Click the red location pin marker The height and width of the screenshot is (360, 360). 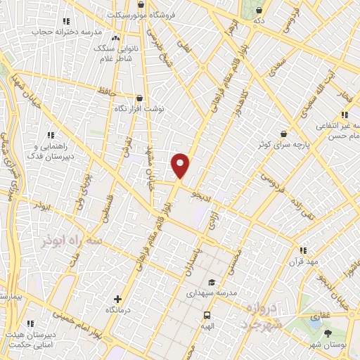coord(180,165)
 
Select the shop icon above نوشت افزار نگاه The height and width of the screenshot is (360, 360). coord(139,98)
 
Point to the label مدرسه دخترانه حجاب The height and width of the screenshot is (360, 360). coord(67,32)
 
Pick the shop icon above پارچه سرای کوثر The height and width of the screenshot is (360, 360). coord(283,133)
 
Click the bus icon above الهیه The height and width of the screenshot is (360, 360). coord(207,316)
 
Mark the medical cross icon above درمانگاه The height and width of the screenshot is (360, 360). coord(117,299)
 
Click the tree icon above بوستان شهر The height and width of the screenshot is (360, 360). coord(327,333)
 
